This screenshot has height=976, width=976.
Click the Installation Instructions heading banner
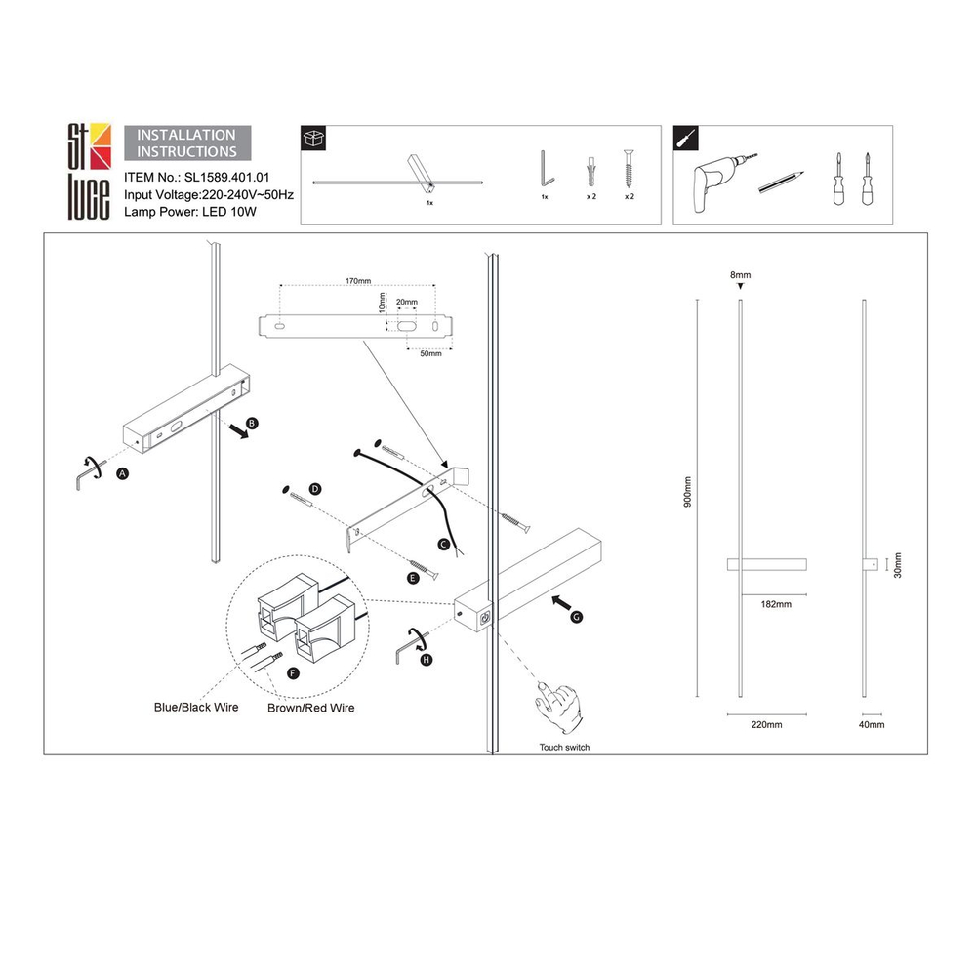186,143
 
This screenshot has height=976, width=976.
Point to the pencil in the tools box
781,182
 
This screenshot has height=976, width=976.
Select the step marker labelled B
252,424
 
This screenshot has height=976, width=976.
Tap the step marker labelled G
576,617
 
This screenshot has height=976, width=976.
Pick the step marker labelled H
427,661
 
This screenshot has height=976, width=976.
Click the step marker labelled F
292,673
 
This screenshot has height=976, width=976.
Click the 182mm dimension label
775,604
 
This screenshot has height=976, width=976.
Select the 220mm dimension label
766,725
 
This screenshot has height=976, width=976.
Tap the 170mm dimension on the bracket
358,281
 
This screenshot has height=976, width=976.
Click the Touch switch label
564,747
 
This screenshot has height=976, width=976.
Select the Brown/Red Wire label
310,708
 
